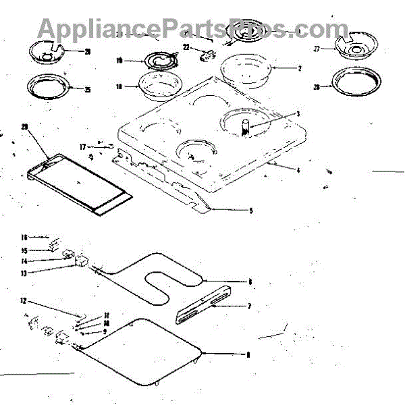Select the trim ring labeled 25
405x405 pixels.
tap(46, 87)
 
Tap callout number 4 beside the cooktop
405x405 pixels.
tap(298, 170)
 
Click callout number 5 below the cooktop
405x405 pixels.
tap(251, 211)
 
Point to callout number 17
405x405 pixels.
tap(82, 146)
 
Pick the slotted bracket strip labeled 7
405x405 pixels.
tap(202, 304)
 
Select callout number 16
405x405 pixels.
tap(24, 238)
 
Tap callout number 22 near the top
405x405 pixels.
tap(186, 47)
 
